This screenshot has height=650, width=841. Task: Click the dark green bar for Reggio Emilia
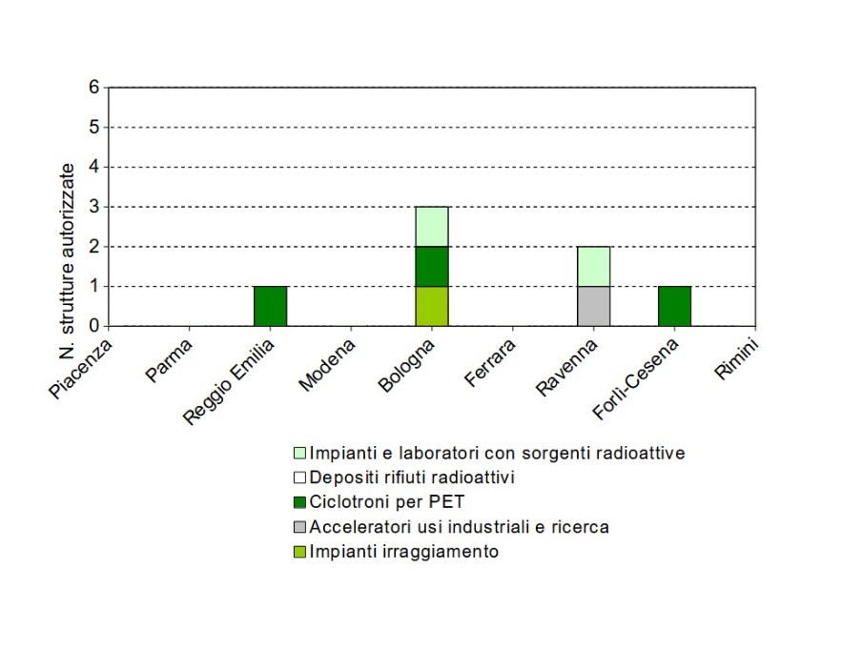coord(270,306)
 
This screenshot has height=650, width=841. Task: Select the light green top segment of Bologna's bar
coord(432,226)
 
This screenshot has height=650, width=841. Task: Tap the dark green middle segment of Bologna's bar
coord(432,266)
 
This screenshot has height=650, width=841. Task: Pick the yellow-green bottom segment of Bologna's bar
coord(432,306)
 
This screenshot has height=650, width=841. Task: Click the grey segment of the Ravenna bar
coord(593,306)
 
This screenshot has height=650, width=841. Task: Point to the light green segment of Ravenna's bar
coord(593,266)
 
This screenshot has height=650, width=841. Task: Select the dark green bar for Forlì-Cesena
coord(674,306)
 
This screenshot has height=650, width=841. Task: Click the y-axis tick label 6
coord(93,87)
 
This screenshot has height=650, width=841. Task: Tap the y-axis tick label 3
coord(93,207)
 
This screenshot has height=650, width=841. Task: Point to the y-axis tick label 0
coord(93,326)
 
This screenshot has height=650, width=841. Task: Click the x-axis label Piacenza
coord(83,366)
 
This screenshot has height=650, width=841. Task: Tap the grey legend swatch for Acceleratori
coord(298,527)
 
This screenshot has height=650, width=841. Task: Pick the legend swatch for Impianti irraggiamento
coord(298,552)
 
